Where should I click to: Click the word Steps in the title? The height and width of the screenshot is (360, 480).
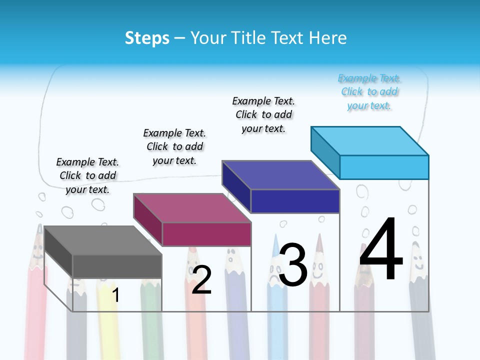point(147,38)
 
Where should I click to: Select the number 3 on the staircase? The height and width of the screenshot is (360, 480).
point(293,264)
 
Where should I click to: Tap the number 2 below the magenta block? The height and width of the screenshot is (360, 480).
point(201,279)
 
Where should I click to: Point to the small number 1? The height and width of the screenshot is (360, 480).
point(115,295)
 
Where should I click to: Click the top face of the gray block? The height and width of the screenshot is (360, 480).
point(103,240)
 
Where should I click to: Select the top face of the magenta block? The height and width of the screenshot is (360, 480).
point(192,207)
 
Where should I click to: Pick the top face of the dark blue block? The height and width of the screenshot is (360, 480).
point(281,175)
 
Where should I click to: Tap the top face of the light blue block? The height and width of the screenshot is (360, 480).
point(370,140)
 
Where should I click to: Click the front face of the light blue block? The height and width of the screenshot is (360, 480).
point(384,167)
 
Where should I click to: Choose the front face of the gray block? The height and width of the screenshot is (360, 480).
point(117,266)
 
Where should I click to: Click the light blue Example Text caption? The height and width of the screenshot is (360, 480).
point(369,92)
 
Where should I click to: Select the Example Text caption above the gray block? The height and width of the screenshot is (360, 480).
point(87,175)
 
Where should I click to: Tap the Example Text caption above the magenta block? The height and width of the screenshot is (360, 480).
point(174,146)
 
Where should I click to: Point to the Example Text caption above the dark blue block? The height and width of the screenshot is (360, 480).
point(263,114)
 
